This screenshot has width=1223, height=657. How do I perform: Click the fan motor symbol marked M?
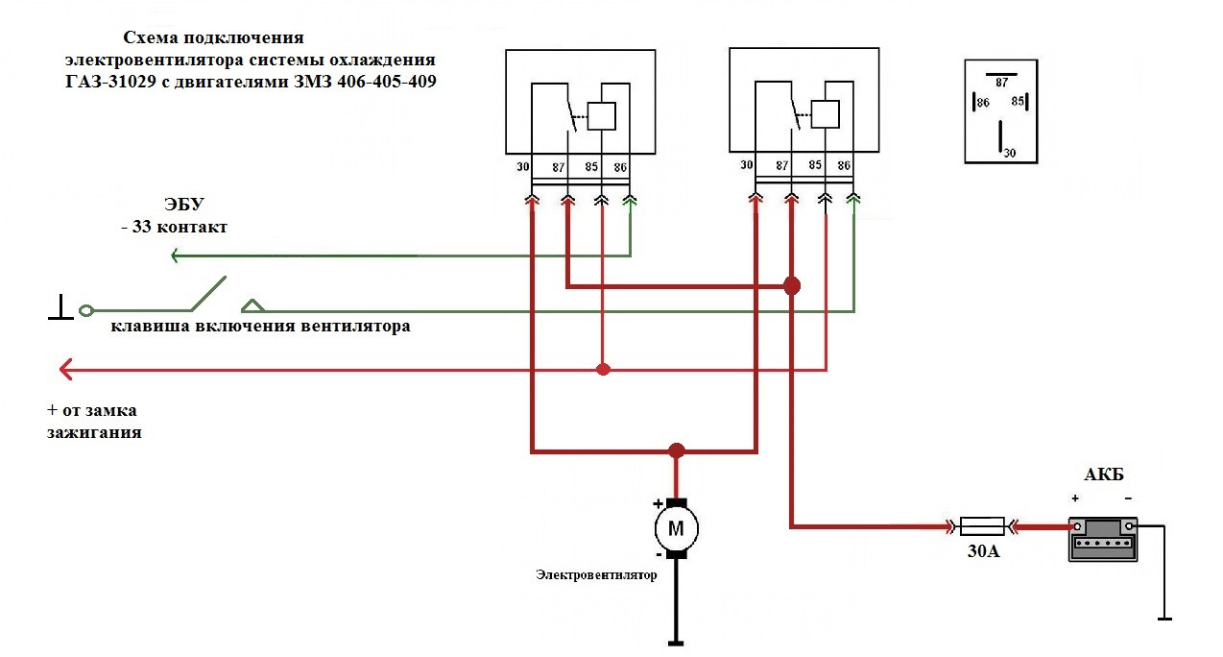point(676,527)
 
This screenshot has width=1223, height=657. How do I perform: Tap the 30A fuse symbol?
point(982,525)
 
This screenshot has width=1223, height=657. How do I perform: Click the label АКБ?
point(1103,475)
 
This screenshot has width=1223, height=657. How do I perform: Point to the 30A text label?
point(982,552)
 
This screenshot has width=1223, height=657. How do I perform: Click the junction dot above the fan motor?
point(677,450)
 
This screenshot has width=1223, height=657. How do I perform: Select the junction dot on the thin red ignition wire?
point(602,369)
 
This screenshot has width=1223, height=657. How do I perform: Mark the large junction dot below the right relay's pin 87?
point(791,286)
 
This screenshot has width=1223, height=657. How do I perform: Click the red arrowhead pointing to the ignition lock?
point(65,369)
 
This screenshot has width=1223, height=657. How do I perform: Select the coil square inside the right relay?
point(825,113)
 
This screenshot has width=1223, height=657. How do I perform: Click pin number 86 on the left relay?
point(621,167)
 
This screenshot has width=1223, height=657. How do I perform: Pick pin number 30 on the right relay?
point(747,165)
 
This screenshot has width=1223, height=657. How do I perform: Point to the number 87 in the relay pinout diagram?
point(1001,83)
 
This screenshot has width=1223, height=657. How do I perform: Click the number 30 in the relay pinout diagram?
point(1008,153)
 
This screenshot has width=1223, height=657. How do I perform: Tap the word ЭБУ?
point(182,205)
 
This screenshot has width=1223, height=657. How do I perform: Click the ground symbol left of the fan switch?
point(60,309)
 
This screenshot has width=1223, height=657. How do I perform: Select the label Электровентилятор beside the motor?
point(596,575)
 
